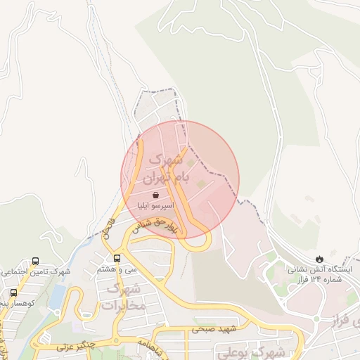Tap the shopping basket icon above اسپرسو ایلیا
155,195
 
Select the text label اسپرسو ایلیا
155,207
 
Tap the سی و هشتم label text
117,269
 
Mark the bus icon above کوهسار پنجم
13,292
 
